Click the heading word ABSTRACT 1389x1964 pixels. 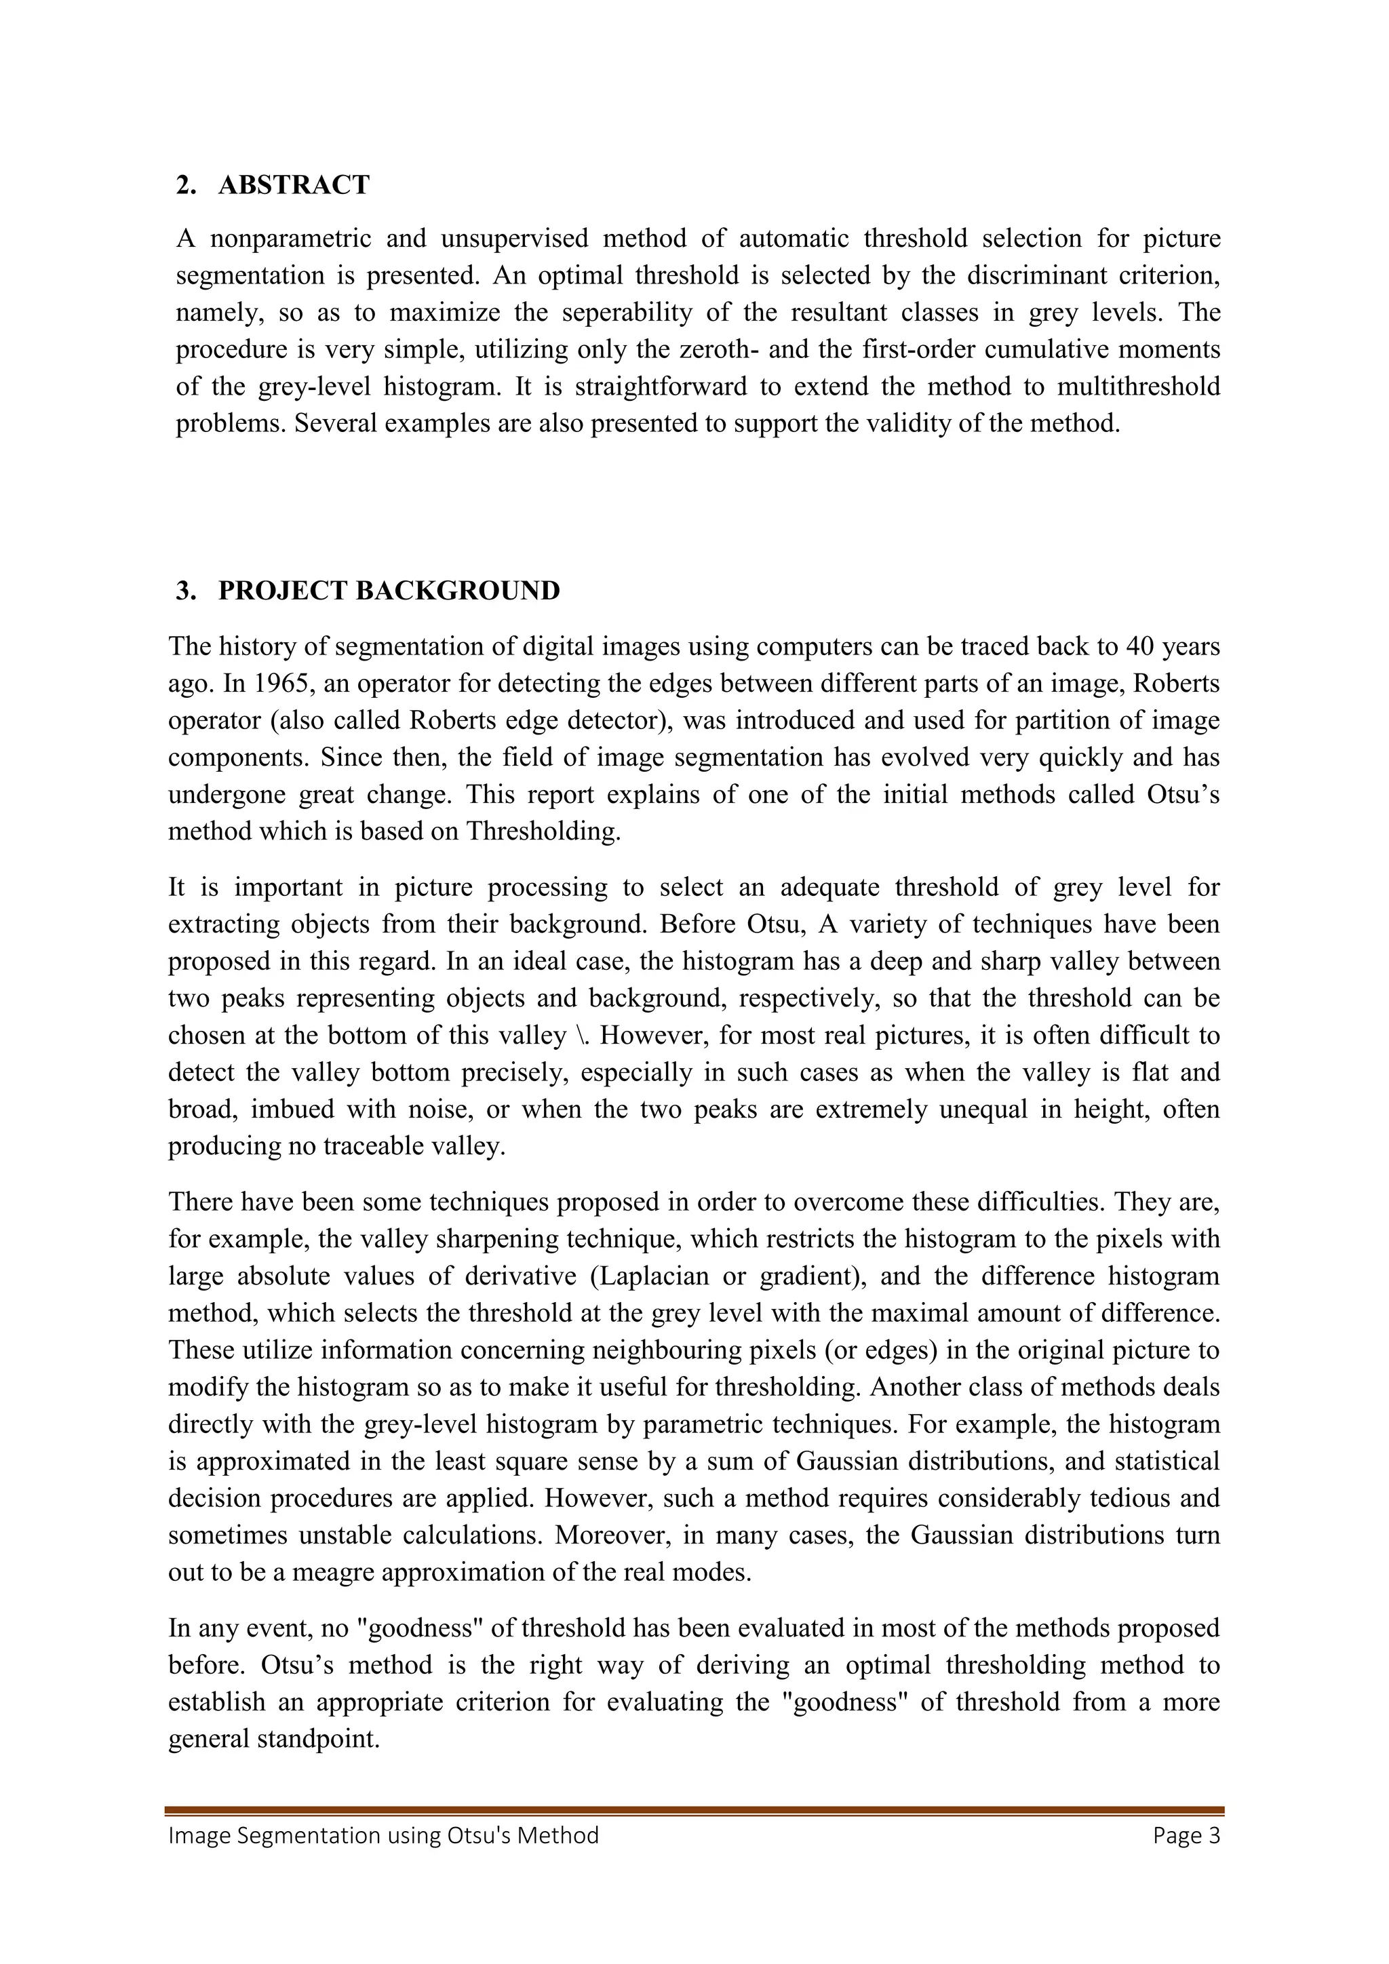click(x=294, y=184)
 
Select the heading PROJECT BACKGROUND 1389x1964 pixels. click(x=389, y=590)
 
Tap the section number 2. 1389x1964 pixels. click(x=184, y=184)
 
